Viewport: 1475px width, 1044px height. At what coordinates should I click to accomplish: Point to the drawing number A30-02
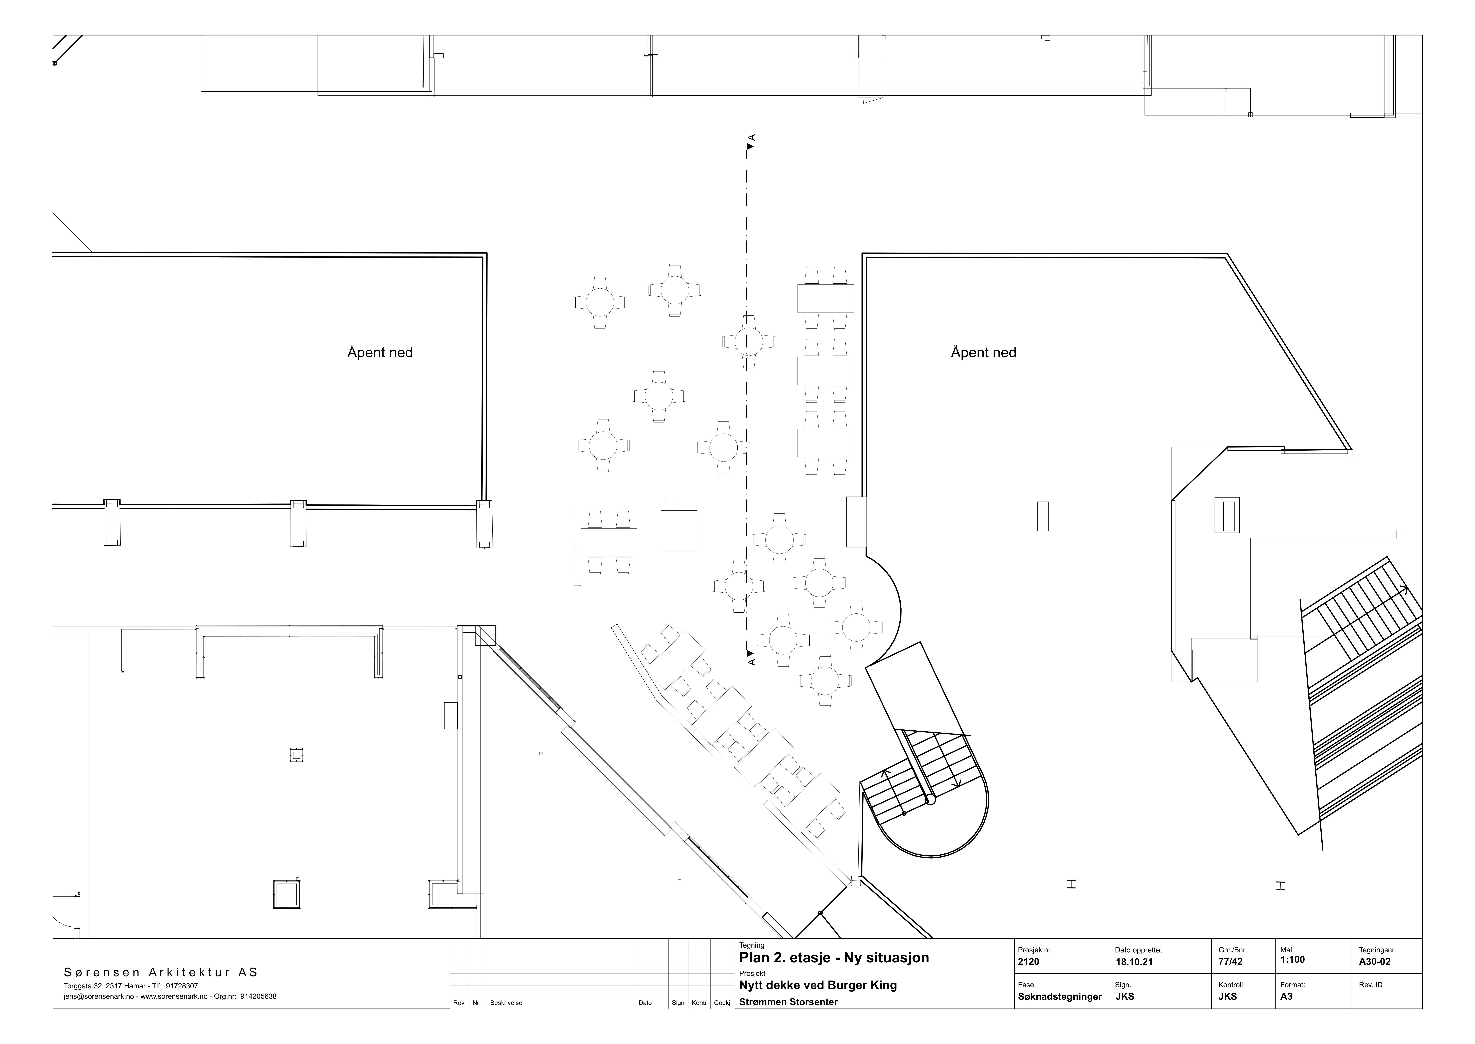pos(1375,962)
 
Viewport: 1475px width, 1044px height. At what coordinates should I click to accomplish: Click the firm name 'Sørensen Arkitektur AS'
pos(161,973)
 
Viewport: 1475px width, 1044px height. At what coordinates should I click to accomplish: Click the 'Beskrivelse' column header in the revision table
pos(506,1003)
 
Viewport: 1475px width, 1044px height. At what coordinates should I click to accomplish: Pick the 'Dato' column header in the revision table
pos(645,1003)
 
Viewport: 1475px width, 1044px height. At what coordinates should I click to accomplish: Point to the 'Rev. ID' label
pos(1371,985)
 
